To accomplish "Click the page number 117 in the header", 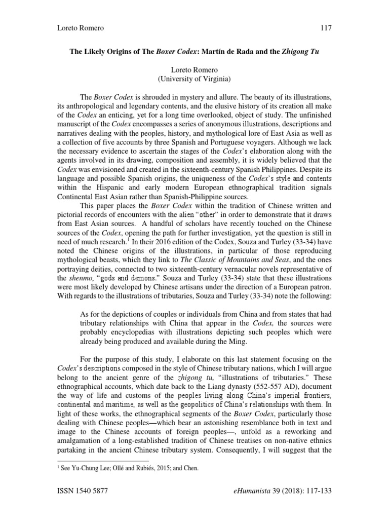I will coord(325,28).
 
